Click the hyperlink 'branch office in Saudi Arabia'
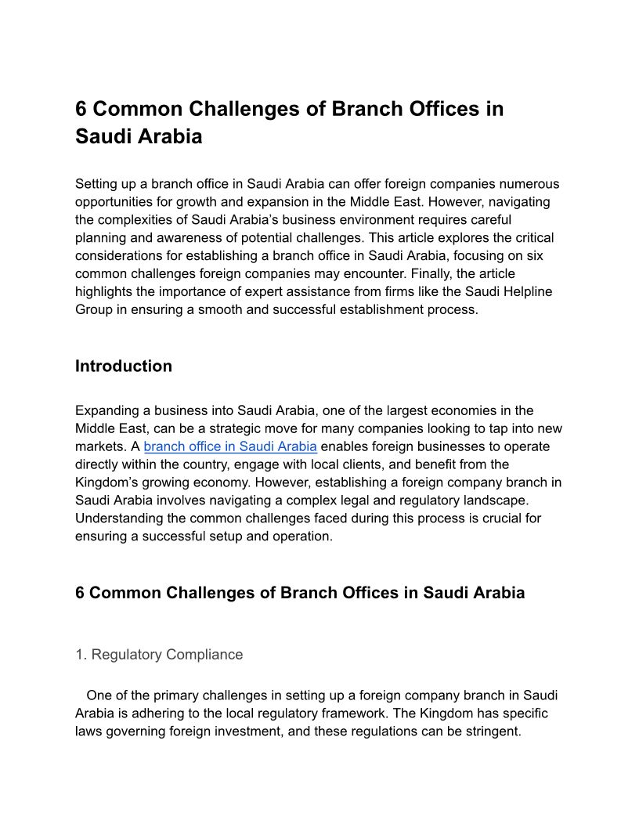(x=230, y=446)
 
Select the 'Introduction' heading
(x=124, y=367)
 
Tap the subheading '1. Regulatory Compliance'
(x=159, y=655)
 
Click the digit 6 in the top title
(x=81, y=109)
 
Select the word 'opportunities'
(x=114, y=202)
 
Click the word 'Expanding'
(x=105, y=410)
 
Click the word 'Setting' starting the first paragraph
(x=96, y=184)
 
